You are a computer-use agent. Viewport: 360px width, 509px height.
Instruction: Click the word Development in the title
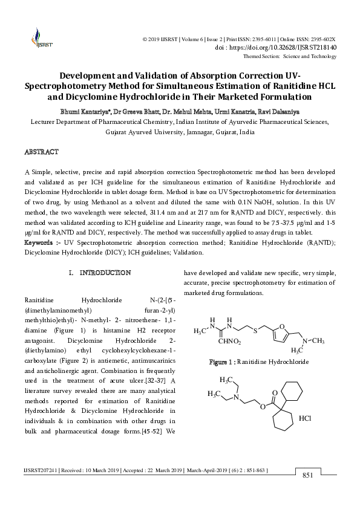click(98, 77)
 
